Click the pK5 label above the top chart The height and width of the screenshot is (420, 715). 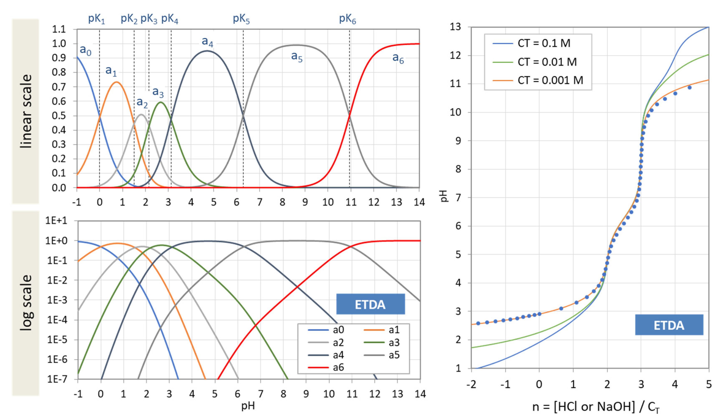pos(241,19)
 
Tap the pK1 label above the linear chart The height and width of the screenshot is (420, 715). pos(96,19)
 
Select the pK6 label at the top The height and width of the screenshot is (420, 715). pos(347,19)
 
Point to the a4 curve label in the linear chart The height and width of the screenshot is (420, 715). pos(207,42)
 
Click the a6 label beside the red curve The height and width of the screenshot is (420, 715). pos(398,58)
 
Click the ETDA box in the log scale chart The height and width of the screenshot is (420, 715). pos(370,304)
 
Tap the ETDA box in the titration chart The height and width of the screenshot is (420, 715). pos(669,325)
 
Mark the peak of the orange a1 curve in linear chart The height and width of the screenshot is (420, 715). pos(116,82)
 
